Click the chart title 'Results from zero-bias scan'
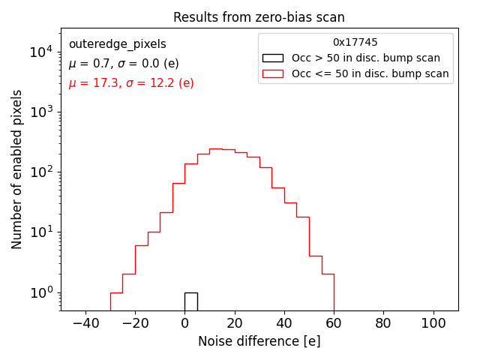click(259, 17)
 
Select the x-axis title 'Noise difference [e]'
click(259, 341)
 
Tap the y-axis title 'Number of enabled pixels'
click(16, 169)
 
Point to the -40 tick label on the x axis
click(85, 323)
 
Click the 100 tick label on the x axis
click(433, 323)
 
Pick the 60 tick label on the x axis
click(334, 323)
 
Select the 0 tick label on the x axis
click(184, 323)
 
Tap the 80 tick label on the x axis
click(383, 323)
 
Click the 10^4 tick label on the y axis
click(40, 52)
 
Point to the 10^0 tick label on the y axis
click(40, 292)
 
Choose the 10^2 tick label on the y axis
click(40, 172)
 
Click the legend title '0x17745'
click(355, 43)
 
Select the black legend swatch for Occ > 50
click(273, 58)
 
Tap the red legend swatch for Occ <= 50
click(273, 73)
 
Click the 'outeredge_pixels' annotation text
click(117, 44)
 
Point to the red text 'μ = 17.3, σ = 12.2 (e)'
click(131, 83)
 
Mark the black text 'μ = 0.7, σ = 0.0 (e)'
click(124, 64)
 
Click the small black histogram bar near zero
click(190, 301)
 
